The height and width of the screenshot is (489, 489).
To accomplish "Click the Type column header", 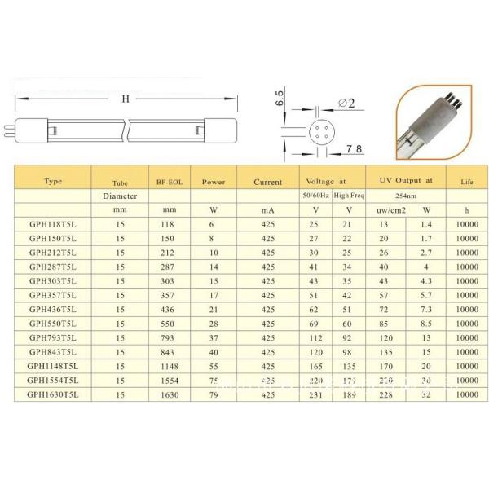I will click(x=53, y=182).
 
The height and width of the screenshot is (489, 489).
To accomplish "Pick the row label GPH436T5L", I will click(x=53, y=311).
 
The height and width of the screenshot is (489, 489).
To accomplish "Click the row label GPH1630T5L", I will click(x=53, y=394).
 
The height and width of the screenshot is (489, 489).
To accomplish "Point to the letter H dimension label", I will click(x=125, y=99).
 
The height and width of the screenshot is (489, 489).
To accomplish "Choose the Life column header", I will click(x=466, y=182).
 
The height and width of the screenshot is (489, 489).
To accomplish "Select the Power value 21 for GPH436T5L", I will click(x=214, y=311).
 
